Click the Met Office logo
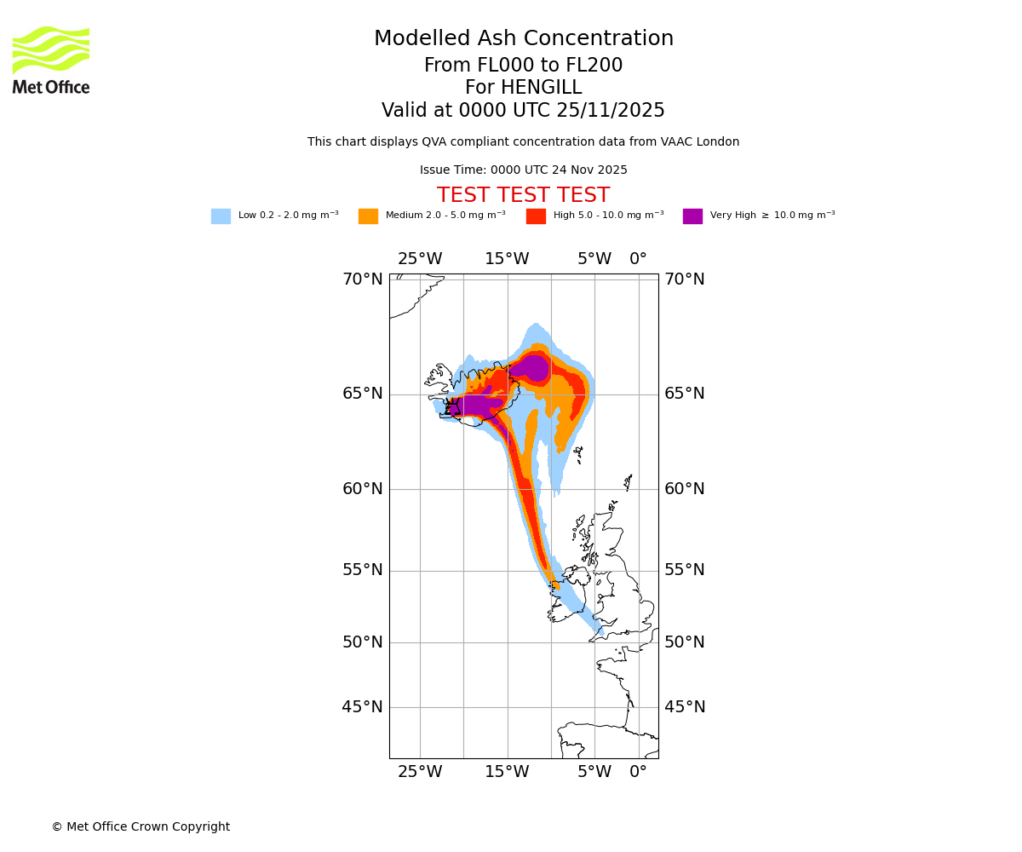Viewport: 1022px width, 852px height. tap(51, 60)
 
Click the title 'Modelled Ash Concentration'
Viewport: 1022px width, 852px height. tap(523, 39)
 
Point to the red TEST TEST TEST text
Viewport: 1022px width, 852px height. tap(523, 195)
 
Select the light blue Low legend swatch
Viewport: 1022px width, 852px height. tap(221, 216)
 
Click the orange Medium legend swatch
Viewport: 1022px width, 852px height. tap(368, 216)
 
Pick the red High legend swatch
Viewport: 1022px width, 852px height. tap(536, 216)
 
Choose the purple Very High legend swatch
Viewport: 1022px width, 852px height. tap(692, 216)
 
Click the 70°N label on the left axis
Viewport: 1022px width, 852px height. tap(363, 279)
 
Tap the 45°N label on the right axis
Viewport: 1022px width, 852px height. tap(685, 707)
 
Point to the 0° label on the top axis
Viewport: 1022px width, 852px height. tap(638, 259)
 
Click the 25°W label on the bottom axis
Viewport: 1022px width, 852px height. tap(420, 772)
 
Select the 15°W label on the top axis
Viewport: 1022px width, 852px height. tap(507, 259)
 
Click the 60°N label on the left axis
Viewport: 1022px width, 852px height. tap(363, 489)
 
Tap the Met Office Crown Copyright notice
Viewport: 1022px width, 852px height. tap(141, 827)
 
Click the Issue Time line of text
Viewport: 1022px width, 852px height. tap(523, 170)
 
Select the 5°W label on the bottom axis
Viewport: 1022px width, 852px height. tap(594, 772)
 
